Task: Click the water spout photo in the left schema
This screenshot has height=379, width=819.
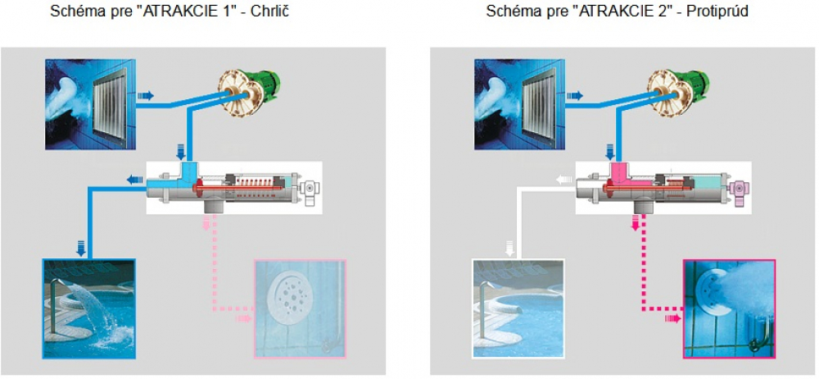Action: point(89,308)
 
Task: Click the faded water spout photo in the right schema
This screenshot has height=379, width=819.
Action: point(518,308)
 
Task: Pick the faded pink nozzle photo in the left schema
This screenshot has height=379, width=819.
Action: point(301,308)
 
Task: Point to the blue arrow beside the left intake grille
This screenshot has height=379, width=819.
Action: point(144,96)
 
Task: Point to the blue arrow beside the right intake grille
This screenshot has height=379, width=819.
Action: point(574,96)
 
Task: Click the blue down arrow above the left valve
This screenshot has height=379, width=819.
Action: point(181,151)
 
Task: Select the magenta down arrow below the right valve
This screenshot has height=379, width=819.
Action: point(636,222)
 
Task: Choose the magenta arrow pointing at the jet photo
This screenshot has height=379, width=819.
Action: point(672,317)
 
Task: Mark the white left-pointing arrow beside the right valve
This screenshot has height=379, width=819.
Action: point(563,180)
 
